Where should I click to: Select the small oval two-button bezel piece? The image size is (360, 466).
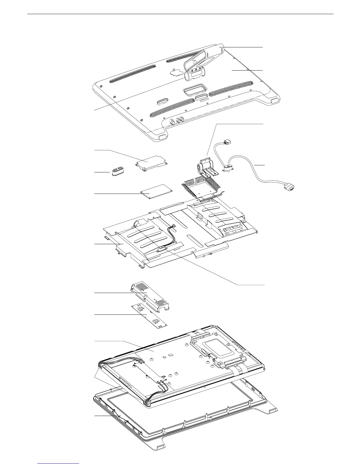(118, 172)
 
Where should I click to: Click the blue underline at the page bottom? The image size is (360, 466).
(59, 463)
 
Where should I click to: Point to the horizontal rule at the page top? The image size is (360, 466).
(180, 14)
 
